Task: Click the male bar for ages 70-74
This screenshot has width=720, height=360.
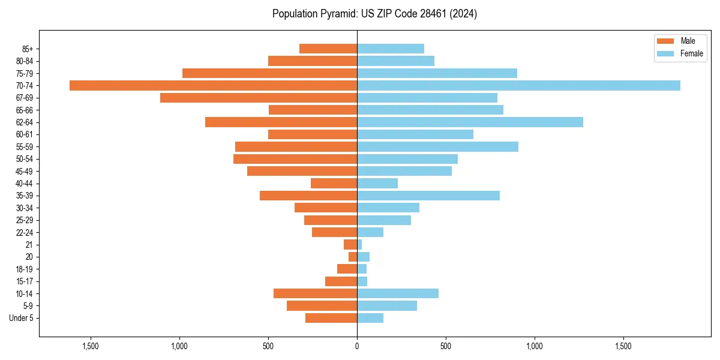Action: pyautogui.click(x=213, y=85)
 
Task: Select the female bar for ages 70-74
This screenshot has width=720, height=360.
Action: pyautogui.click(x=518, y=85)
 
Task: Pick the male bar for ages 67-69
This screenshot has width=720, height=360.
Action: pyautogui.click(x=259, y=98)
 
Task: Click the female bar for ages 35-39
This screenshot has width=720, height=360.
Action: pyautogui.click(x=428, y=196)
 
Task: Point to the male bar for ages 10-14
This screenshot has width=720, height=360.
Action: pyautogui.click(x=315, y=293)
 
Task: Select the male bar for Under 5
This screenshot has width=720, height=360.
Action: pyautogui.click(x=331, y=318)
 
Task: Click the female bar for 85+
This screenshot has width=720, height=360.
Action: pyautogui.click(x=391, y=49)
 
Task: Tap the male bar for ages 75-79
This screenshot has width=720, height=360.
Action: pyautogui.click(x=269, y=73)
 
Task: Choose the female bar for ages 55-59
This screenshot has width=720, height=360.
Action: pyautogui.click(x=437, y=146)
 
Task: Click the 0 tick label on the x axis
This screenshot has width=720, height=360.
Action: pyautogui.click(x=357, y=346)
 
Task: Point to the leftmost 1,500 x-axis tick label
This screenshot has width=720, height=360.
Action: pyautogui.click(x=91, y=346)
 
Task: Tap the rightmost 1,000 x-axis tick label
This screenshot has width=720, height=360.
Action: pyautogui.click(x=535, y=346)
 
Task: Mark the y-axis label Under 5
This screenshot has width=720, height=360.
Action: pyautogui.click(x=22, y=318)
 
